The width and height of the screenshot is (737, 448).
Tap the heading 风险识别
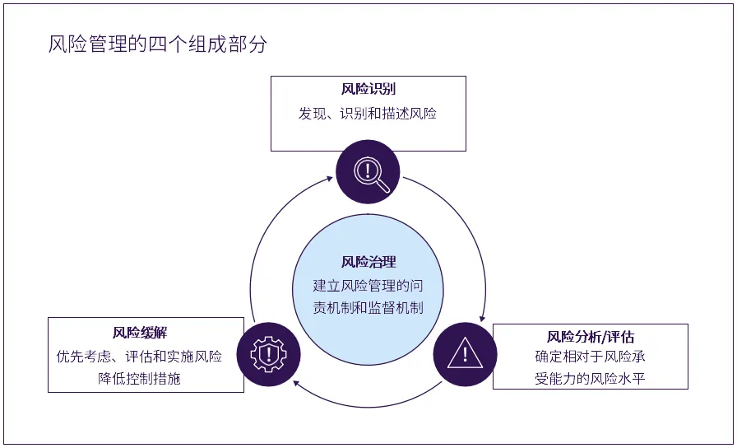tap(368, 90)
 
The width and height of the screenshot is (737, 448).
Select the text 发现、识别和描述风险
tap(368, 114)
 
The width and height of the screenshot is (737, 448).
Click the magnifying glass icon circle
tap(368, 172)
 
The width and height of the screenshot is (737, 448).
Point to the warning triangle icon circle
tap(466, 355)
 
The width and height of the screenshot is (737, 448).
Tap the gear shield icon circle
tap(269, 355)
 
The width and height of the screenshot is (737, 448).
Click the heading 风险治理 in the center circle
tap(368, 262)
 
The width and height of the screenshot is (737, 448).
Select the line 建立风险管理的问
tap(368, 286)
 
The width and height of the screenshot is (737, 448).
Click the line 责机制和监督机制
tap(368, 308)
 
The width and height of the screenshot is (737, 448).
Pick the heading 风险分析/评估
tap(591, 336)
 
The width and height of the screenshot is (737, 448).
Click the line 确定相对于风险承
tap(591, 357)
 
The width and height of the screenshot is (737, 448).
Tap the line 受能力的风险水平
tap(591, 379)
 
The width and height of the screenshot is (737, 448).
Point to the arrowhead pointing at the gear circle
tap(297, 383)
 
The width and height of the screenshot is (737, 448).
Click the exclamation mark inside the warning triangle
tap(466, 355)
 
